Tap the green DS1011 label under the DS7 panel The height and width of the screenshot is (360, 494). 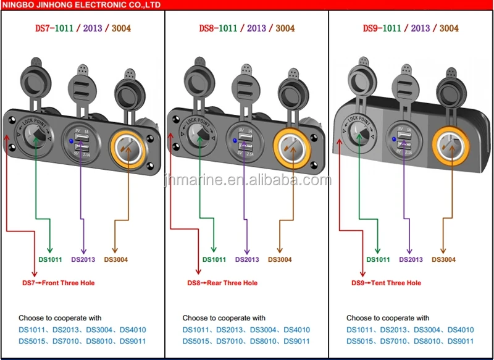[x=50, y=260]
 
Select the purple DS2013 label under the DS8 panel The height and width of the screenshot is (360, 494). [x=247, y=260]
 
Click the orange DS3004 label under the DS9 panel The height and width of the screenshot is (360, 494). [x=443, y=260]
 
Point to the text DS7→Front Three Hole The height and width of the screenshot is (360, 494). [x=59, y=283]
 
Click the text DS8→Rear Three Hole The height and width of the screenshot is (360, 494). [x=223, y=283]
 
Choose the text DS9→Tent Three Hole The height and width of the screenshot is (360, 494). [x=387, y=283]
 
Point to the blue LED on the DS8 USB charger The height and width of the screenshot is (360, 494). [x=235, y=141]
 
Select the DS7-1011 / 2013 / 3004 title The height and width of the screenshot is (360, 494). [x=82, y=28]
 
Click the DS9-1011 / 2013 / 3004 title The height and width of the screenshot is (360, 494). [x=410, y=28]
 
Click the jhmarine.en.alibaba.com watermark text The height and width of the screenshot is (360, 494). [x=247, y=180]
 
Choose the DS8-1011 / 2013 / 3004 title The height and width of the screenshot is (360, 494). [x=246, y=28]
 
